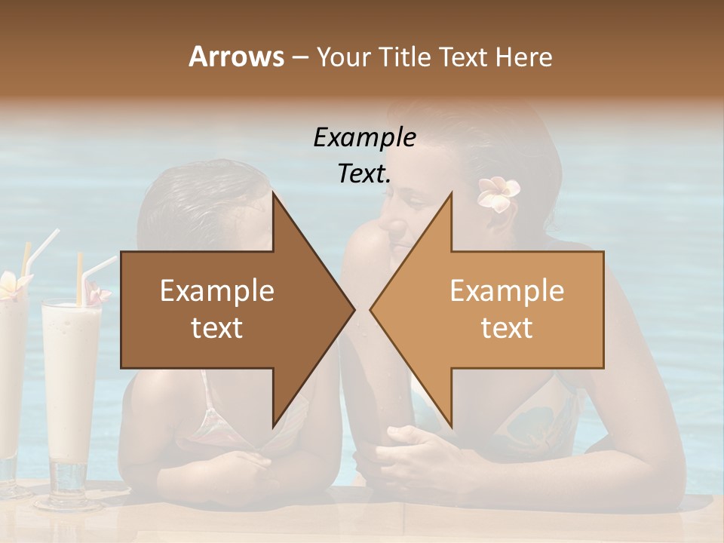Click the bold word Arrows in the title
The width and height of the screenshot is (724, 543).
point(236,57)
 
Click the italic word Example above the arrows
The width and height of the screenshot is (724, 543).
point(364,137)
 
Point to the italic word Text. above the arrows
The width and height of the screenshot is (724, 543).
point(364,173)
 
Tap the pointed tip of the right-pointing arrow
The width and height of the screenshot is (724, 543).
point(353,309)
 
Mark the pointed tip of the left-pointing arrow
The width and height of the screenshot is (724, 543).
point(372,309)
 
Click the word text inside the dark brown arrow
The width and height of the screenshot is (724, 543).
point(216,328)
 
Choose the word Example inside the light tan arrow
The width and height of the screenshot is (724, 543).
point(507,291)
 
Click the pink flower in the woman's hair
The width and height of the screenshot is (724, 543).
point(497,195)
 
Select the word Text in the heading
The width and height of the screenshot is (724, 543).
point(463,57)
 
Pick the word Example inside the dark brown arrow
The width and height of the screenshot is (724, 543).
point(216,291)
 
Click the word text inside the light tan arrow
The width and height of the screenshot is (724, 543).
point(507,328)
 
